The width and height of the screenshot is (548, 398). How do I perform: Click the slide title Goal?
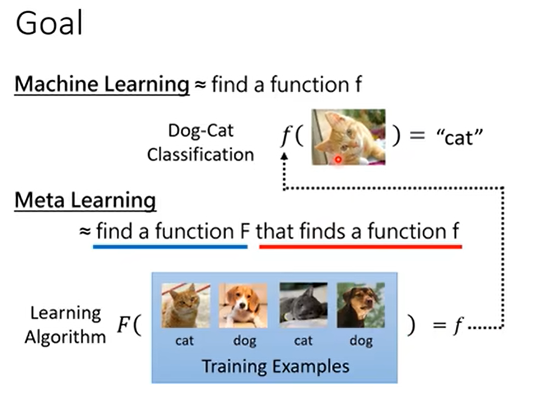(x=49, y=24)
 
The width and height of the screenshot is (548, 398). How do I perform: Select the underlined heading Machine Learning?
(x=102, y=84)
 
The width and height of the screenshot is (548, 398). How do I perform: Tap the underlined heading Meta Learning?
(x=85, y=200)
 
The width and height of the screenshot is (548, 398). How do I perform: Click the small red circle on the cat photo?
(x=338, y=160)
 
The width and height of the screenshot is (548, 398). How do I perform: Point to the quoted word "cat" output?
(x=459, y=137)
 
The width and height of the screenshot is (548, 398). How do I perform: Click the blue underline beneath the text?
(x=170, y=246)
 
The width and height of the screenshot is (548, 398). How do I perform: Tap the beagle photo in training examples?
(x=243, y=305)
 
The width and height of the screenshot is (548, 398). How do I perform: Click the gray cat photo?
(x=303, y=305)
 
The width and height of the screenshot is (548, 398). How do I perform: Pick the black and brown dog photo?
(x=360, y=305)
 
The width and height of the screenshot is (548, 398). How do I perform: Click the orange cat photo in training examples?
(x=185, y=305)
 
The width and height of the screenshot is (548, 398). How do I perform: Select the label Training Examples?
(x=275, y=366)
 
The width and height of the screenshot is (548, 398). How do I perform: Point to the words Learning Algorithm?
(x=65, y=325)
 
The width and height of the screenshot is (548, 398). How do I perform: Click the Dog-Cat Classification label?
(x=200, y=142)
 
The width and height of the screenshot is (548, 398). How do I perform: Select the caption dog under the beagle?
(x=244, y=341)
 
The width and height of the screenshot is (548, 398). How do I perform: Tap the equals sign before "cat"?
(x=417, y=136)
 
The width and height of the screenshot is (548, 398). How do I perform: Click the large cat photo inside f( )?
(x=348, y=137)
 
